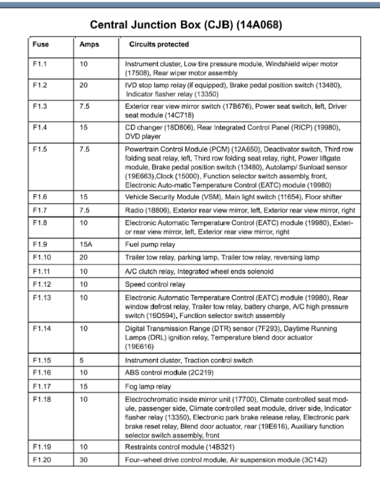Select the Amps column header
(89, 44)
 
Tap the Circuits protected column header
(159, 44)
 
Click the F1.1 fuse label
(40, 64)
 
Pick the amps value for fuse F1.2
(83, 86)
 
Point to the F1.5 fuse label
(40, 149)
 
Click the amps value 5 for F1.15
(81, 361)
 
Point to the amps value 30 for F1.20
(83, 459)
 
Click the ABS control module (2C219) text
(169, 373)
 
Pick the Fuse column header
(41, 44)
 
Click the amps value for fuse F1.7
(84, 210)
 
